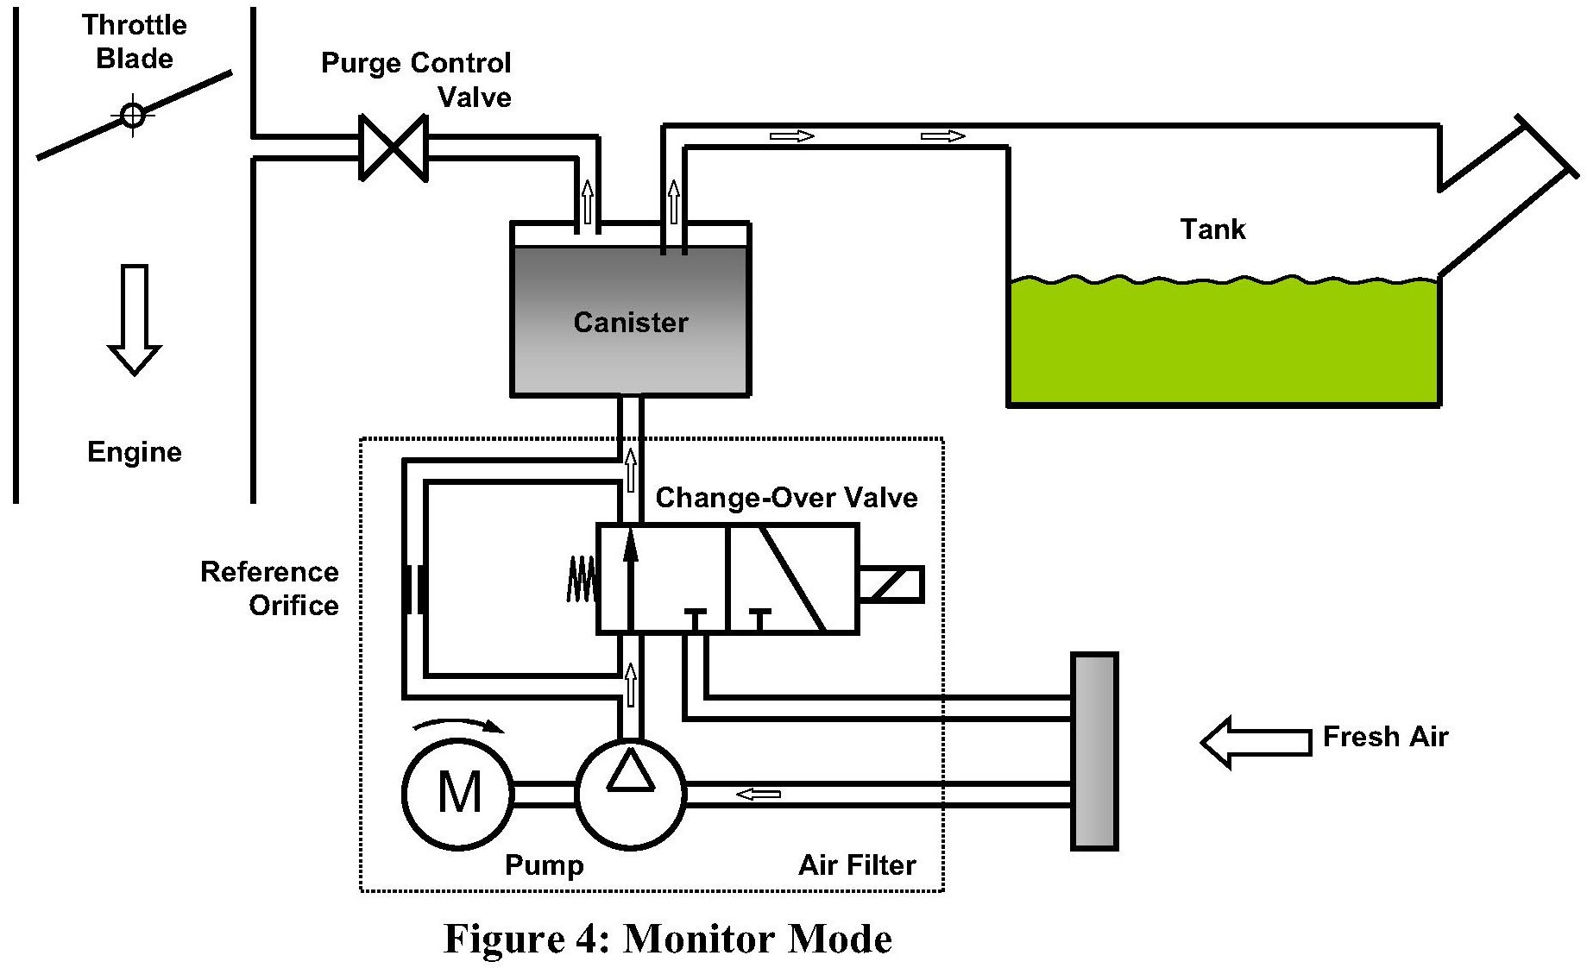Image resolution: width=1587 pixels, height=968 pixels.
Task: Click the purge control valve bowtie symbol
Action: tap(394, 148)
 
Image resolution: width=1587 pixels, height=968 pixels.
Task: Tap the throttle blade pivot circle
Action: tap(133, 116)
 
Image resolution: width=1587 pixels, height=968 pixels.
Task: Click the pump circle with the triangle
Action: tap(631, 792)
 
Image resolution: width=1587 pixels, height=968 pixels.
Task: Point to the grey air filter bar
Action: tap(1094, 751)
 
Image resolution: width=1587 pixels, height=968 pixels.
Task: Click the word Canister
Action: tap(631, 323)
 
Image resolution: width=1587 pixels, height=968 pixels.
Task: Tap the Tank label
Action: tap(1212, 229)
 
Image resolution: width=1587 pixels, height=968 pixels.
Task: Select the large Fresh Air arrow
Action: tap(1256, 741)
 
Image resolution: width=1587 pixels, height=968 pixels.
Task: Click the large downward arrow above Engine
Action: tap(135, 319)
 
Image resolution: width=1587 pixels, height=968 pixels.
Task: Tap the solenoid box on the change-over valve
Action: tap(891, 584)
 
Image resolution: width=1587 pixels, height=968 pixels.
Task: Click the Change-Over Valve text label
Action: tap(786, 498)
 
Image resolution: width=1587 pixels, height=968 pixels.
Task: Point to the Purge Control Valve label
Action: tap(417, 79)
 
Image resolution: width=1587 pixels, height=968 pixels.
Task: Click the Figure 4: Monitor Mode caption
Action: tap(667, 938)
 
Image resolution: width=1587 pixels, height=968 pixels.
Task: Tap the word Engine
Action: tap(135, 452)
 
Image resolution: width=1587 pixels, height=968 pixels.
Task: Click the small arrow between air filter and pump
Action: tap(759, 794)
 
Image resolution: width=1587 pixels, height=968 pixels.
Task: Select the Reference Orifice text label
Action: tap(270, 588)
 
